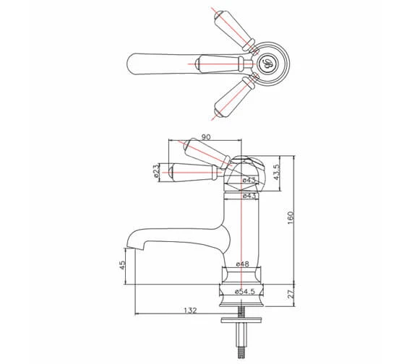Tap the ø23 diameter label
click(156, 171)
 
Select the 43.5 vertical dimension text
click(287, 174)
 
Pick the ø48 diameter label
click(243, 264)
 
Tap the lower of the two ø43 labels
click(249, 196)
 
